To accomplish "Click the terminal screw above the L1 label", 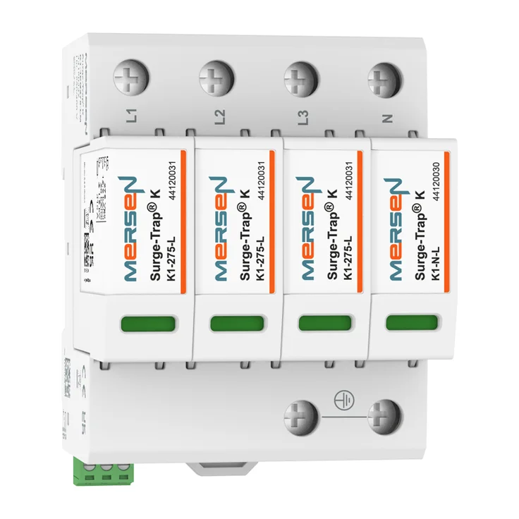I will (132, 78).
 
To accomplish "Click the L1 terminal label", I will (132, 114).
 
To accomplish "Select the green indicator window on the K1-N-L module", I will (411, 323).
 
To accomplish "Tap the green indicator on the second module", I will (237, 323).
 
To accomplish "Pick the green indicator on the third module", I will (324, 323).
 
